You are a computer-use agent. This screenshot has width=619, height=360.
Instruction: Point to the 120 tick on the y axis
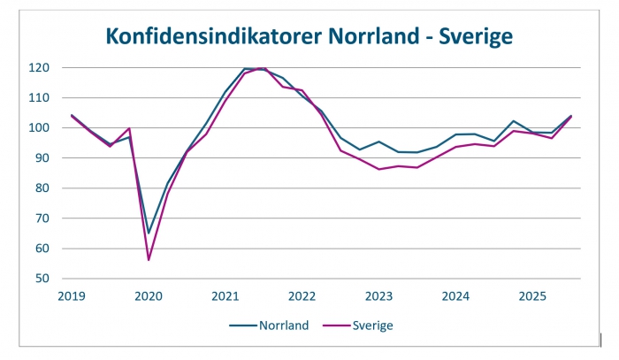39,68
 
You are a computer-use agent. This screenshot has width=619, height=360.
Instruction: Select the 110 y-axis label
39,98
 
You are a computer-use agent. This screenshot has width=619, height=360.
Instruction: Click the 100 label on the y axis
39,128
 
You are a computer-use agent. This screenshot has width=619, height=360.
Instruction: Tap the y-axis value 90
42,158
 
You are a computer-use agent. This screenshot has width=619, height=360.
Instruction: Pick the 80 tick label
42,188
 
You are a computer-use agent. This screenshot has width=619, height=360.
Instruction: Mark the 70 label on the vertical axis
42,218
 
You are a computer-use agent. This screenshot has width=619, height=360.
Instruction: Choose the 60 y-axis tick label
42,249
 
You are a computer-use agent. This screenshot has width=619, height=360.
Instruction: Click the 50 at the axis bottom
42,279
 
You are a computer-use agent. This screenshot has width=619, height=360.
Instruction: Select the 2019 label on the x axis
72,295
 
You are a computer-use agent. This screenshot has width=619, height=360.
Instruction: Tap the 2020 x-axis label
149,295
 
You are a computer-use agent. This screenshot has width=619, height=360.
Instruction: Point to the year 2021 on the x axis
225,295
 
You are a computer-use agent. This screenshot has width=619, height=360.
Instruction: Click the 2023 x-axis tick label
379,295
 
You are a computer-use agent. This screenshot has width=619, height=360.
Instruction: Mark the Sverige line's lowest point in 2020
149,259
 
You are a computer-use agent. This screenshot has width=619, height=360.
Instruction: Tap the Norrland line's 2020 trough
149,233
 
